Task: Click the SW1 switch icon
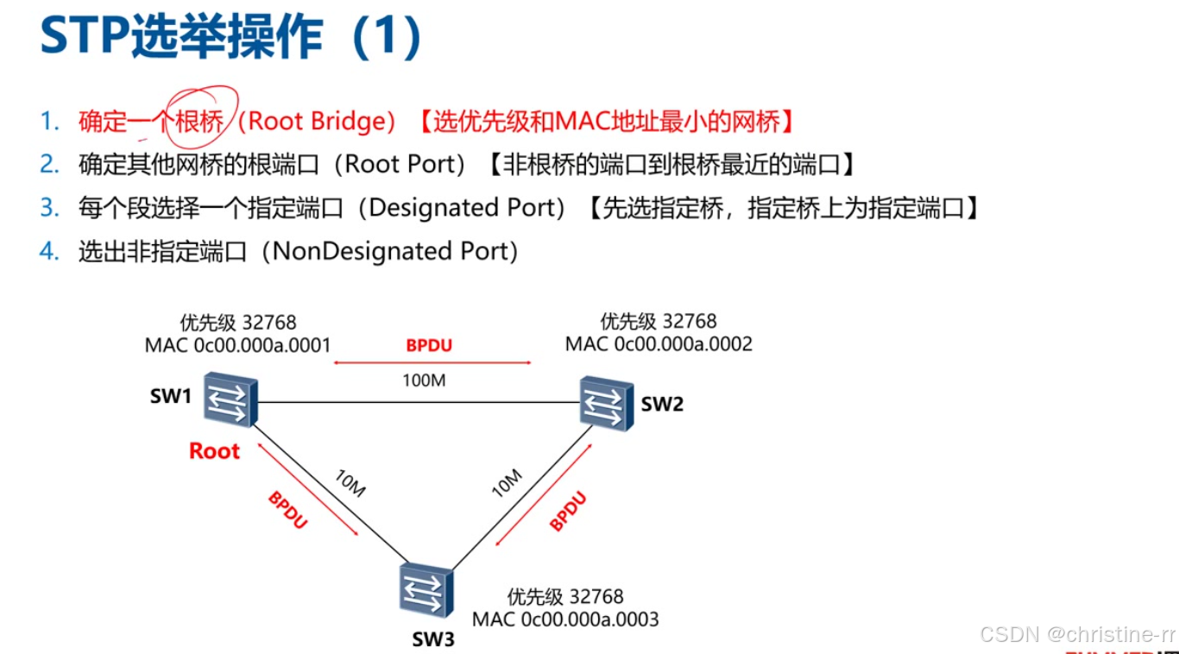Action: click(x=230, y=399)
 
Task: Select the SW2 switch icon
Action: click(x=607, y=403)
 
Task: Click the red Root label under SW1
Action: click(x=214, y=450)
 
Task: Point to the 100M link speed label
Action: click(x=424, y=380)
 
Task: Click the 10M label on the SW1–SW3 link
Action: click(x=349, y=485)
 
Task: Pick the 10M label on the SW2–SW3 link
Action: click(x=506, y=483)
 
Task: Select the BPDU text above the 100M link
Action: click(x=429, y=346)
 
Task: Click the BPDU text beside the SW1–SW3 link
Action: click(x=287, y=511)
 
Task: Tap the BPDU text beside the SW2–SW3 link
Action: click(x=569, y=511)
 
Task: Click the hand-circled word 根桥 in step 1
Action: click(x=199, y=122)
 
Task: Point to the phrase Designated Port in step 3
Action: click(x=466, y=208)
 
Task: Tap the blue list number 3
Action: click(x=49, y=208)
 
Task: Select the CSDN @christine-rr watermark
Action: click(x=1078, y=634)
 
